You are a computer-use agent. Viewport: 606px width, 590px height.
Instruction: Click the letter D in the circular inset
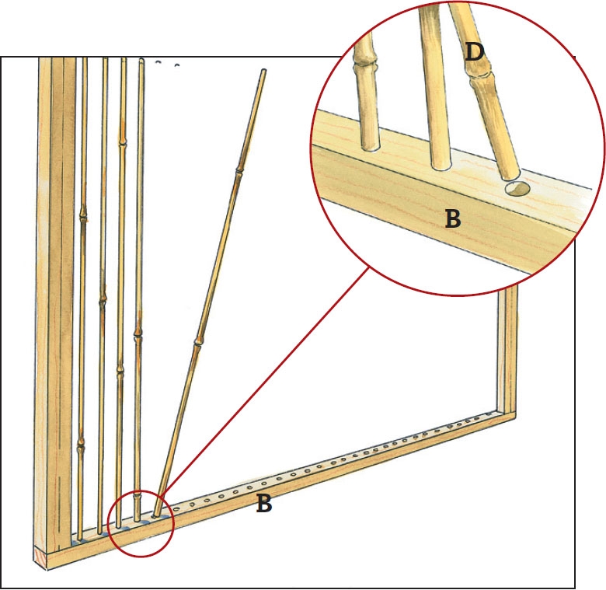(x=474, y=53)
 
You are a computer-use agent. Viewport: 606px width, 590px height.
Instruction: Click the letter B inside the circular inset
(x=453, y=218)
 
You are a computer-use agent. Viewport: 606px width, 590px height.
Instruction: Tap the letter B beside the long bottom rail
(x=264, y=504)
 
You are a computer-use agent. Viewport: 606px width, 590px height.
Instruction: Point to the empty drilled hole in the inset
(x=516, y=188)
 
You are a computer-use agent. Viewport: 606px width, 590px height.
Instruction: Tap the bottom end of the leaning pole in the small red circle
(x=158, y=512)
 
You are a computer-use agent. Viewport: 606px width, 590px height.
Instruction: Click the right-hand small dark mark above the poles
(x=177, y=65)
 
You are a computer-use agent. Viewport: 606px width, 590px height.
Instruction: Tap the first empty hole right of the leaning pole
(x=176, y=509)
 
